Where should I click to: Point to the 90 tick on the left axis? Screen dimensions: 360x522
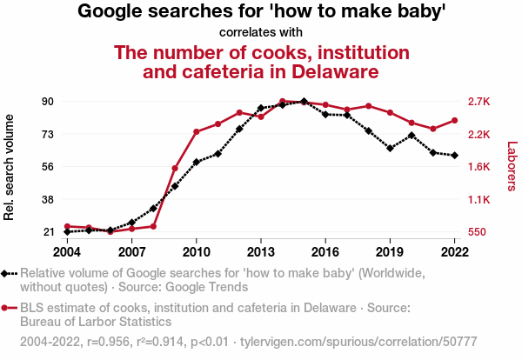coord(48,101)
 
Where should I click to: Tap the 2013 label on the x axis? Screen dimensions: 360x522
coord(261,251)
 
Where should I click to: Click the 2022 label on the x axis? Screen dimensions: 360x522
coord(454,251)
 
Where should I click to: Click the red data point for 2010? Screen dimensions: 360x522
coord(197,132)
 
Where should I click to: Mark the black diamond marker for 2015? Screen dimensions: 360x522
coord(304,102)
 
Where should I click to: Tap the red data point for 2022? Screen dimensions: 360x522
coord(454,121)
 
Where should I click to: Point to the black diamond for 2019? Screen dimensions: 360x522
coord(390,148)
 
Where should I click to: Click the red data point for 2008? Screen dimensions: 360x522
coord(153,226)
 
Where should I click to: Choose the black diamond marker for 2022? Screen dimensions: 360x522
coord(454,155)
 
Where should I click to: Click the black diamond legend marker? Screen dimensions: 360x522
coord(6,273)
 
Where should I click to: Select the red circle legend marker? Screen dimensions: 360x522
coord(6,308)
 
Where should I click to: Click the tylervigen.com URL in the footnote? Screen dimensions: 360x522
coord(346,342)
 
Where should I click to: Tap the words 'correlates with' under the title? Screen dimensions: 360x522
coord(262,32)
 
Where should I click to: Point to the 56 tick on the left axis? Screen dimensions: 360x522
coord(48,166)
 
